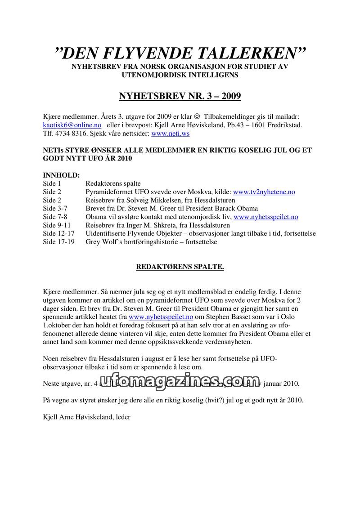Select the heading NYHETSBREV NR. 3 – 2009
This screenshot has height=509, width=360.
point(180,96)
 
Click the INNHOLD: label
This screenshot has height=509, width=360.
point(61,175)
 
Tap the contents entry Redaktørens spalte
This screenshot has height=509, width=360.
point(113,183)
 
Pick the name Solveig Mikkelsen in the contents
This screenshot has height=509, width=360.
point(159,200)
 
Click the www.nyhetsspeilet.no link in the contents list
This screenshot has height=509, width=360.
point(266,217)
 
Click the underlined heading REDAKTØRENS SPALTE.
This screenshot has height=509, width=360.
point(180,267)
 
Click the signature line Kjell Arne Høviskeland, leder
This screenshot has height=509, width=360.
point(86,417)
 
